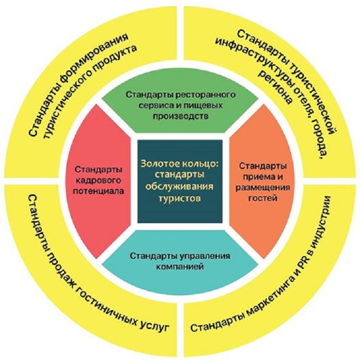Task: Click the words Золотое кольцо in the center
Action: click(179, 164)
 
